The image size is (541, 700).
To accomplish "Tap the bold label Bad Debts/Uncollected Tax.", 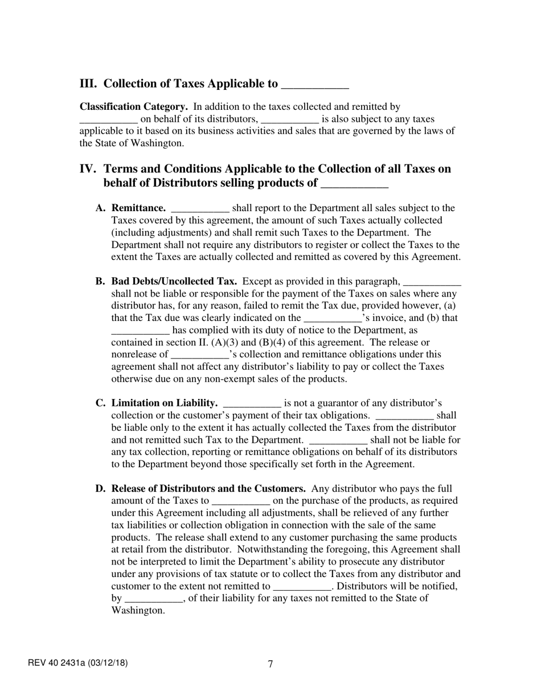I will click(174, 281).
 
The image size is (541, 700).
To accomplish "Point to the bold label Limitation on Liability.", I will click(165, 403).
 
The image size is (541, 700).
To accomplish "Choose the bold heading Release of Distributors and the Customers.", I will click(209, 489).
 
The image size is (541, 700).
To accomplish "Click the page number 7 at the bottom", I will click(270, 664).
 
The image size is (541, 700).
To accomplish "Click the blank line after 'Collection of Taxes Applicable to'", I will click(315, 85).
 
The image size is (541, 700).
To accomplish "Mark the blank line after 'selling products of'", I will click(355, 185).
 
